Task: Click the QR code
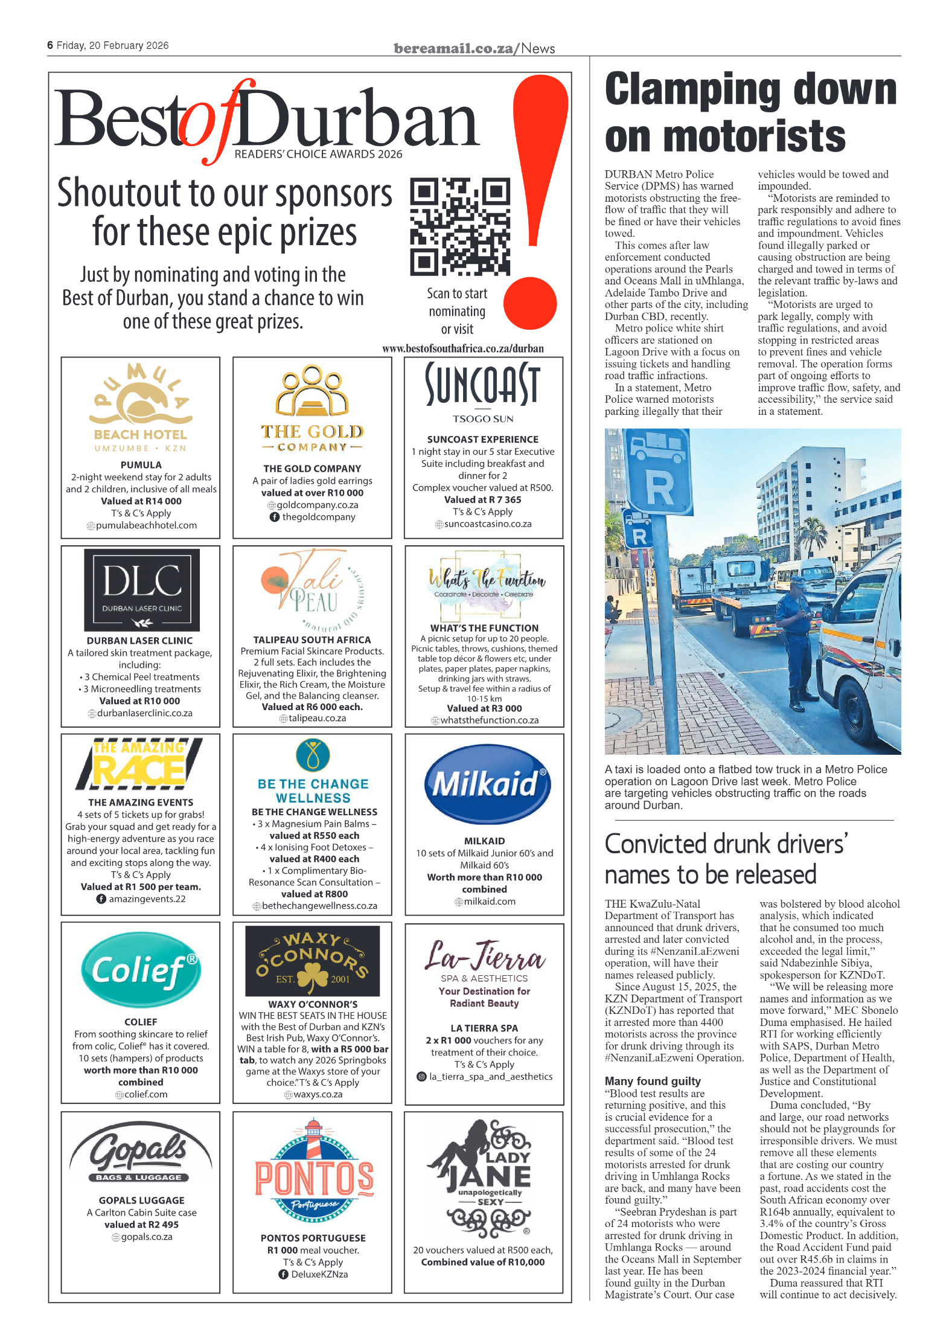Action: tap(459, 226)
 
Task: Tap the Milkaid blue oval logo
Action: tap(487, 784)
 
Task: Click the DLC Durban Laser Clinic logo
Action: tap(142, 589)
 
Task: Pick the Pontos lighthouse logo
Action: tap(314, 1167)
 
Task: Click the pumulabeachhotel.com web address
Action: tap(146, 525)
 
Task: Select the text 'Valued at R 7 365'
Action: tap(482, 499)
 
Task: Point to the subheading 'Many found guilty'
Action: tap(653, 1080)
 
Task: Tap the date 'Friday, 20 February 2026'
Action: tap(112, 46)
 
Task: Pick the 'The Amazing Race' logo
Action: tap(139, 764)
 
